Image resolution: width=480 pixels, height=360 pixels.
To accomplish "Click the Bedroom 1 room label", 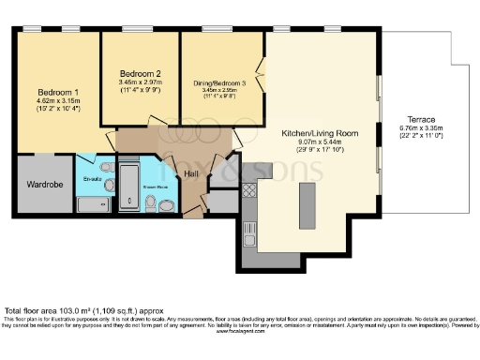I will [58, 91].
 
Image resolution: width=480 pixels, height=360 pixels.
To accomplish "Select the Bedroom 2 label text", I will [141, 73].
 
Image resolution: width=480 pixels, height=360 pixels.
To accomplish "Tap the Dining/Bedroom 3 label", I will [217, 82].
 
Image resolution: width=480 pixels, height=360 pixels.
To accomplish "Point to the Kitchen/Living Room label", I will [321, 134].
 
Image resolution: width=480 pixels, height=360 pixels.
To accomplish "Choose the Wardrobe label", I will [44, 185].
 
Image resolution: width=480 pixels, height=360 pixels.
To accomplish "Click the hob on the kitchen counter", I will [250, 190].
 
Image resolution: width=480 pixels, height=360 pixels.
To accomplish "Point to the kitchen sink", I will [248, 229].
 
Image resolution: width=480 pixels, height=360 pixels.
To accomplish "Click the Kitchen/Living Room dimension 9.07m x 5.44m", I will [321, 142].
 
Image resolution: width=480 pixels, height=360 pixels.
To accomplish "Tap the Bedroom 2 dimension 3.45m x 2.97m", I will [141, 82].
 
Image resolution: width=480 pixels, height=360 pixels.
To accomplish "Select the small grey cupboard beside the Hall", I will [222, 201].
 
